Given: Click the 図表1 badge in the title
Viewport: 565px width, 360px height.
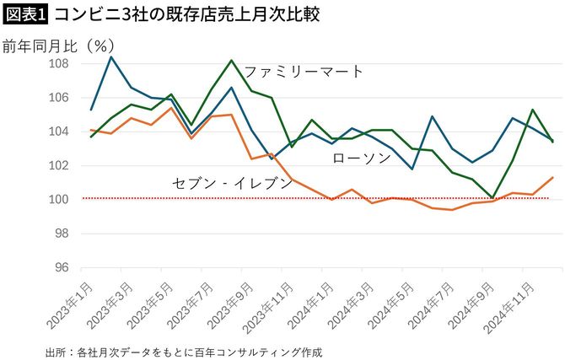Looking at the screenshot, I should (26, 14).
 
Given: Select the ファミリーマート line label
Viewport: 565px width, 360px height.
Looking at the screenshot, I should (304, 72).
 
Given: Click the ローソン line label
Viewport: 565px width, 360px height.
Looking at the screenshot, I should (360, 158).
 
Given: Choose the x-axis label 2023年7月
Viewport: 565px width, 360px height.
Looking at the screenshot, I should (193, 301).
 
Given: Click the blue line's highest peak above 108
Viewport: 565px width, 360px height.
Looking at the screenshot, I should (111, 56).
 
